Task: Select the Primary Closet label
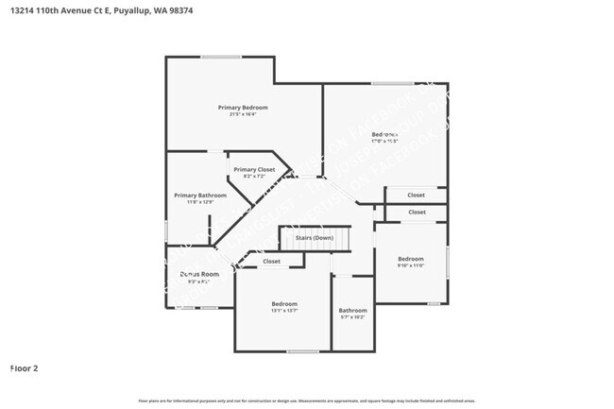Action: pos(253,169)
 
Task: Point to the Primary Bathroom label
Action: pos(199,196)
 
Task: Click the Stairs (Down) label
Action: pos(315,238)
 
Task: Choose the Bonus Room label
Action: pos(198,274)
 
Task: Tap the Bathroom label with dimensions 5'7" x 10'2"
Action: pos(353,310)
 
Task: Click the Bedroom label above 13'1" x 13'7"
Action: pos(284,303)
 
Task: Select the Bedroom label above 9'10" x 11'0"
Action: pos(411,259)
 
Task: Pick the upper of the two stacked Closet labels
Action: pos(417,196)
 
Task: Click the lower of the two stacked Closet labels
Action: pos(417,213)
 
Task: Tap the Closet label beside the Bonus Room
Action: pos(271,262)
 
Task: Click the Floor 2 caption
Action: pos(24,367)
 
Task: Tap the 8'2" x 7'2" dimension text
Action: pos(253,177)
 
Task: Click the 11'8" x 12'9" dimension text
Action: pos(199,202)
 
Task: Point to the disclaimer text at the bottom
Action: pos(307,401)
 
